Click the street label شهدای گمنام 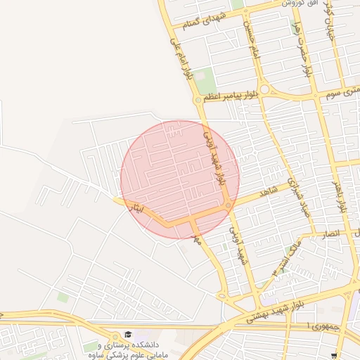click(x=205, y=20)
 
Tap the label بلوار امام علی click(x=180, y=58)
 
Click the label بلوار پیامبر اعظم click(x=228, y=94)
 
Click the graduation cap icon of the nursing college click(x=127, y=334)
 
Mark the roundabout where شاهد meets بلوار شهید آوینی click(x=229, y=205)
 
